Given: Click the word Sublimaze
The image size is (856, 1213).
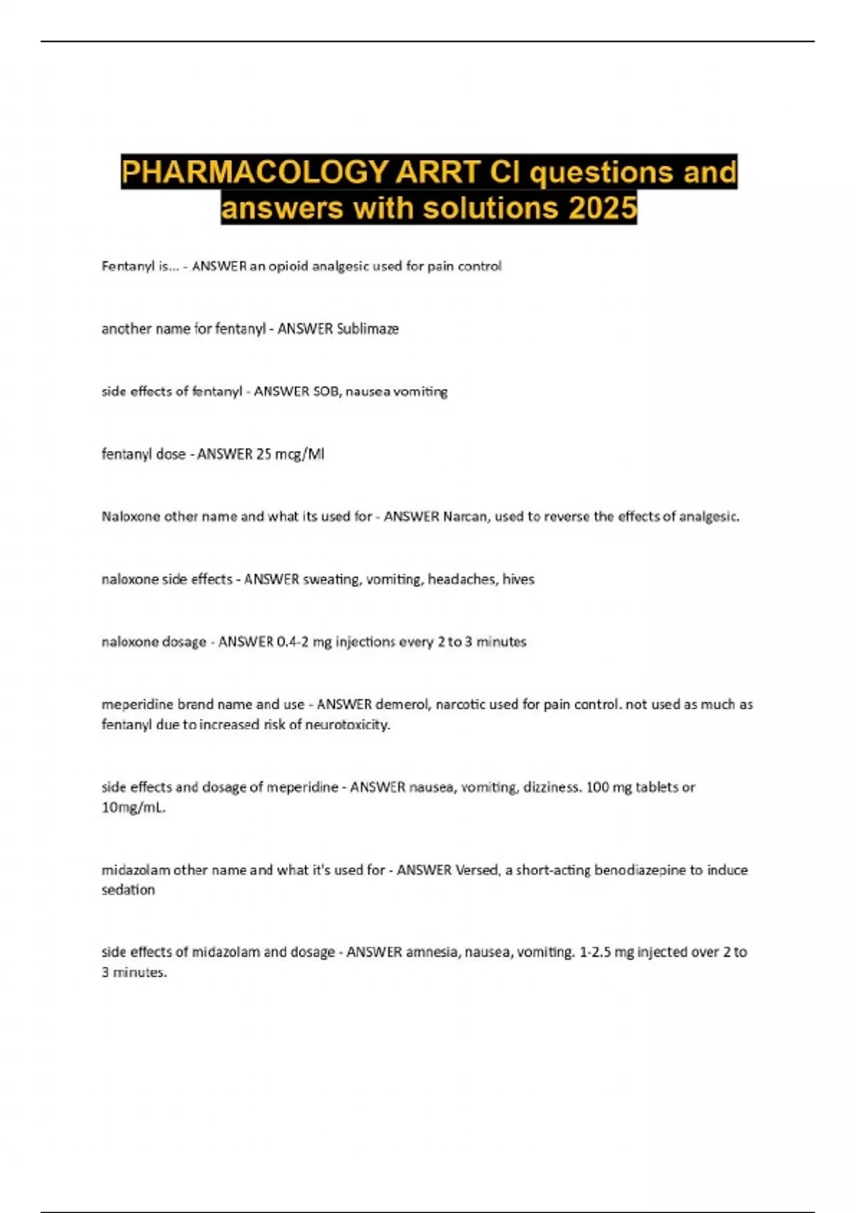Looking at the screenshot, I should point(367,329).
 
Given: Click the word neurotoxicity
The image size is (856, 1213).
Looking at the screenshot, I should point(347,725).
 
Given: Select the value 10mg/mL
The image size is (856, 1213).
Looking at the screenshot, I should point(133,808).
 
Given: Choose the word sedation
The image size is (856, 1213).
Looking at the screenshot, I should point(128,890).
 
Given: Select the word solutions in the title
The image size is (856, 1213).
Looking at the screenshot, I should point(491,208).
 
